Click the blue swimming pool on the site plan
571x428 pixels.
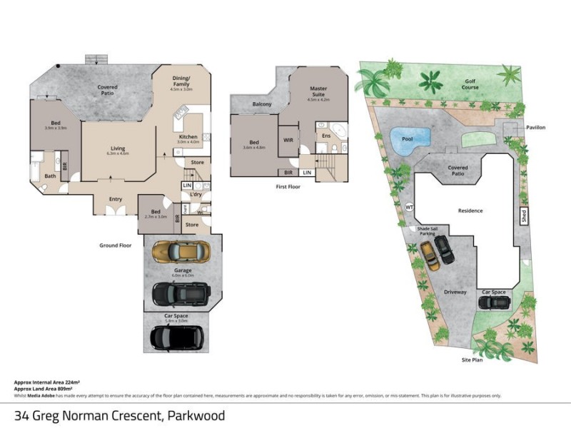pyautogui.click(x=410, y=136)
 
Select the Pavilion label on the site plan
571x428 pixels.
pyautogui.click(x=536, y=127)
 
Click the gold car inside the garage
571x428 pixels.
pyautogui.click(x=181, y=250)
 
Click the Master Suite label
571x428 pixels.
pyautogui.click(x=318, y=92)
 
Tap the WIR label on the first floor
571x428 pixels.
pyautogui.click(x=289, y=140)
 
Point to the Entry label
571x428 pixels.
pyautogui.click(x=115, y=199)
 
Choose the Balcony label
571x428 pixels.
pyautogui.click(x=262, y=104)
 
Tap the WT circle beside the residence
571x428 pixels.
pyautogui.click(x=409, y=207)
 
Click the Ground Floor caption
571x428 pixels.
pyautogui.click(x=116, y=245)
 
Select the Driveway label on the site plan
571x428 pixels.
pyautogui.click(x=455, y=292)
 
